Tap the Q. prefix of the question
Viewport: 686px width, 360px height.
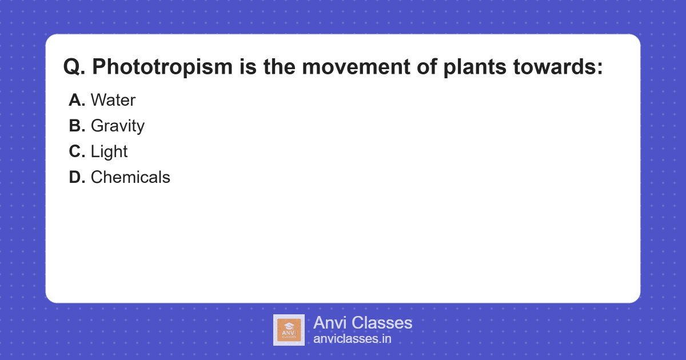click(74, 67)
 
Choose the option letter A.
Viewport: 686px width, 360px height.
click(77, 100)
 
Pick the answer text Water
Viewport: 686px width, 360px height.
click(113, 100)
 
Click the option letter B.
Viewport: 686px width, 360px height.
click(77, 126)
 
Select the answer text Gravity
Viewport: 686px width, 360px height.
click(118, 126)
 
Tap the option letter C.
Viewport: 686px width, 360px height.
click(77, 151)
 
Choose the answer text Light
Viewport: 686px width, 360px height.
click(109, 151)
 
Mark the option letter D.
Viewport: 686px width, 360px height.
click(77, 177)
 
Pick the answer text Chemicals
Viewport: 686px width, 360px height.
click(130, 177)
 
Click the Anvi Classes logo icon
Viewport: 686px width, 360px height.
click(289, 330)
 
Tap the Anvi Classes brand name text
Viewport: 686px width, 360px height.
click(362, 323)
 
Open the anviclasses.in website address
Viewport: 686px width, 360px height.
click(352, 339)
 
